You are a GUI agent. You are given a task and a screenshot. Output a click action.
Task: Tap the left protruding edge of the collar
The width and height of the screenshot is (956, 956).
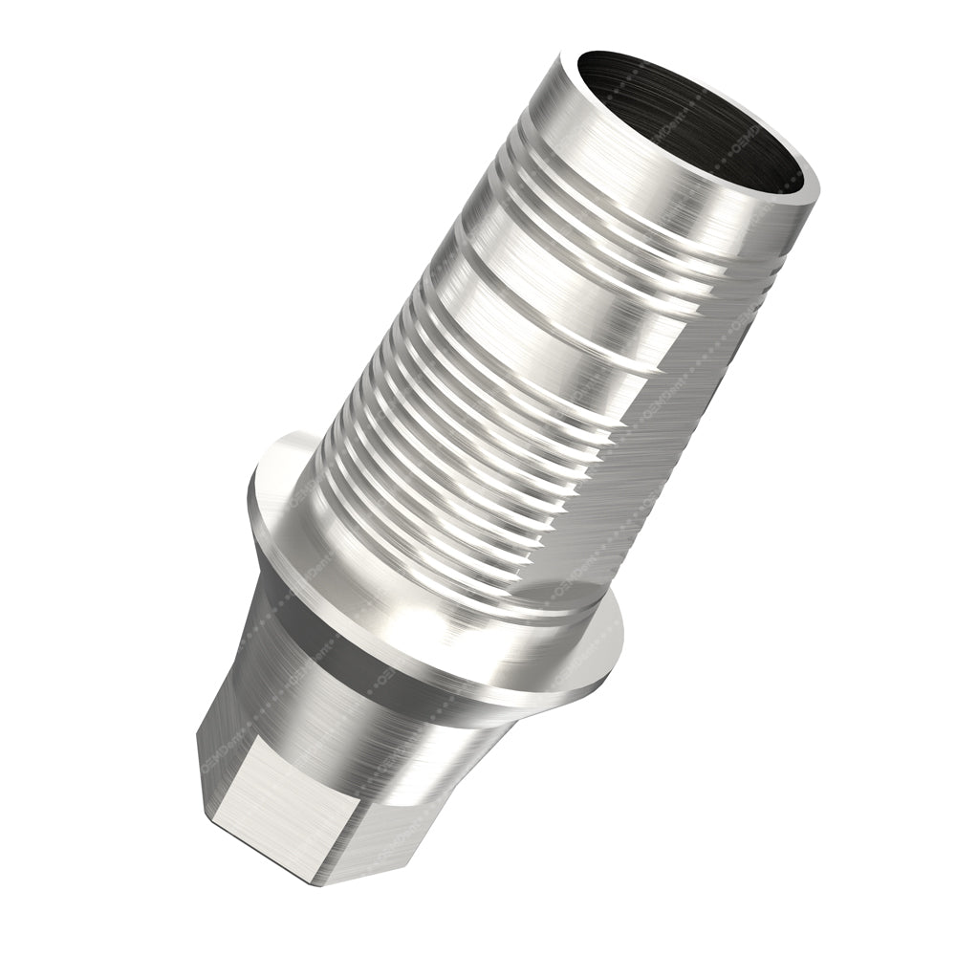(263, 497)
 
